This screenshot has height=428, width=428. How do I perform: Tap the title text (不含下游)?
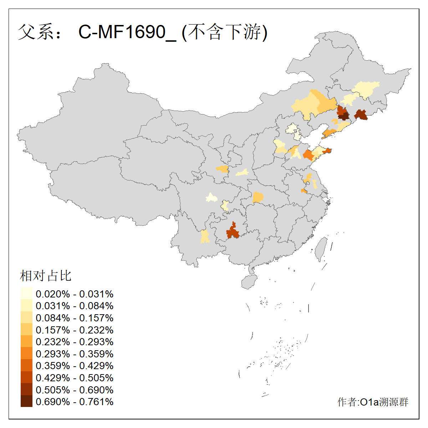[x=225, y=32]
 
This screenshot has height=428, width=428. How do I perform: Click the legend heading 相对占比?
[x=46, y=276]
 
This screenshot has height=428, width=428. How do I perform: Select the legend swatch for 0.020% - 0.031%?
[x=26, y=294]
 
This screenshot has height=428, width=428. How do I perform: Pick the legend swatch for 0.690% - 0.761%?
[x=26, y=402]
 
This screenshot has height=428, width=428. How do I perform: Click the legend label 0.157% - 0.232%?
[x=75, y=330]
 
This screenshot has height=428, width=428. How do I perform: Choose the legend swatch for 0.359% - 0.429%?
[x=26, y=366]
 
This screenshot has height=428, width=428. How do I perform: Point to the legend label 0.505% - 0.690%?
[x=75, y=390]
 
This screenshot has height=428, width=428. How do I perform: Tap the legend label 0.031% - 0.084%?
[x=75, y=306]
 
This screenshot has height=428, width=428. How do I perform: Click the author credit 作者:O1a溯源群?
[x=373, y=402]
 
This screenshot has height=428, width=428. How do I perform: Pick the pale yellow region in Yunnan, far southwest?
[x=205, y=236]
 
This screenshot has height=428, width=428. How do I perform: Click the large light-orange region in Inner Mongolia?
[x=314, y=103]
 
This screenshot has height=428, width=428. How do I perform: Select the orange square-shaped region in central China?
[x=258, y=197]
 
